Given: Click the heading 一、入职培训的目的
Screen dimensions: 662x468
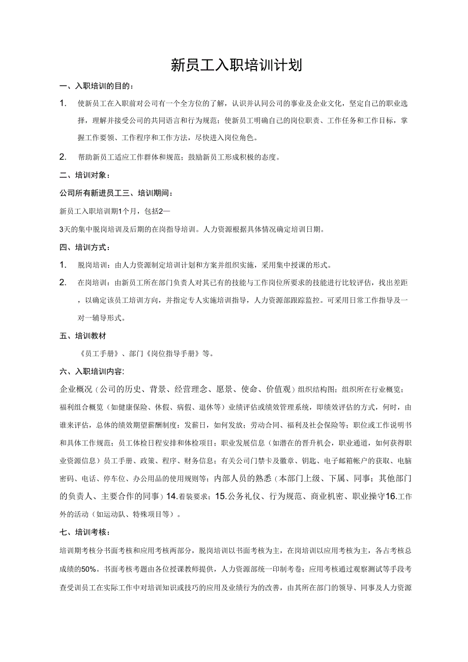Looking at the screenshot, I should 97,86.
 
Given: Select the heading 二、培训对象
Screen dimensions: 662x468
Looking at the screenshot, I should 84,175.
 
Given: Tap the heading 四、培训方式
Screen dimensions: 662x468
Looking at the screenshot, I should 84,247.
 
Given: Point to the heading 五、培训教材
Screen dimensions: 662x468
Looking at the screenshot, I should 83,336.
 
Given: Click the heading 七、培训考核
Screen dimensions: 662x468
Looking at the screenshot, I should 84,532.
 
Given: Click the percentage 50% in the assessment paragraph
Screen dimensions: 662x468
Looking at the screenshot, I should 89,569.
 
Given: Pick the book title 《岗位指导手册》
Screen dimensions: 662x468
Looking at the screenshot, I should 173,354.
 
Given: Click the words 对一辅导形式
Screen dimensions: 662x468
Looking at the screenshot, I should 99,318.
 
